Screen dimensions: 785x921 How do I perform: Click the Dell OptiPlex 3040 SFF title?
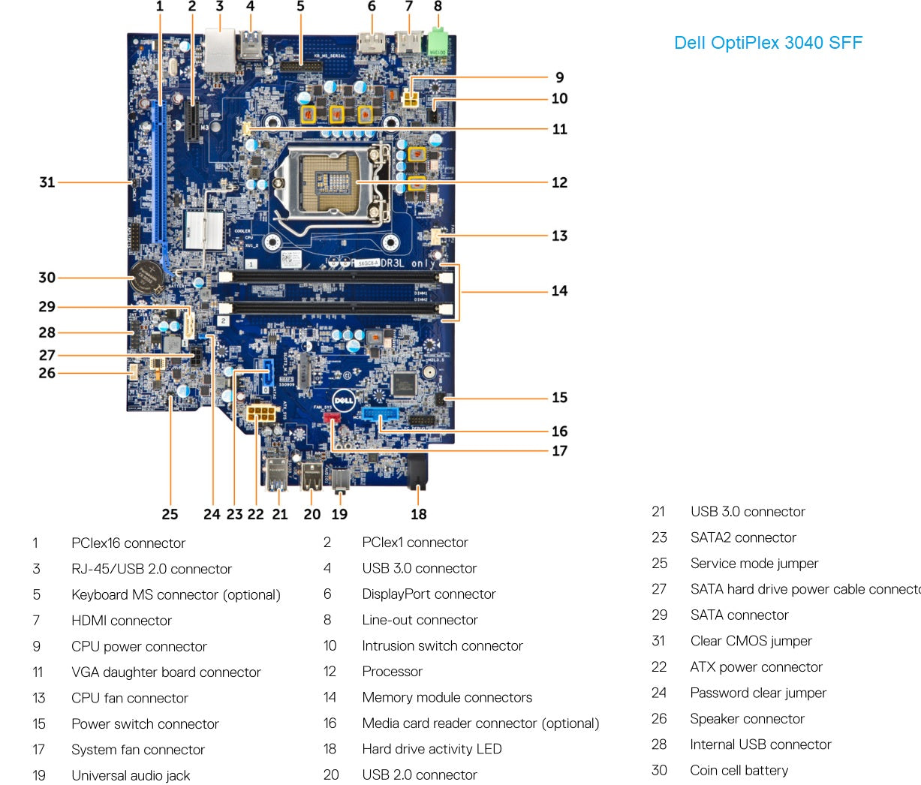click(768, 43)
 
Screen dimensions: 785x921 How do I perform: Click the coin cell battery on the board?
click(146, 278)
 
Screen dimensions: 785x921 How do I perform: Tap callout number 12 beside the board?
click(559, 182)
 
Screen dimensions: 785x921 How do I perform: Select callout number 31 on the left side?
click(47, 182)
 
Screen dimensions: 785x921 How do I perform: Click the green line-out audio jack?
click(438, 44)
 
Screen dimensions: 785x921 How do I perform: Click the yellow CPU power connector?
click(412, 98)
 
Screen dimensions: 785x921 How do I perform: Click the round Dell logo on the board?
click(344, 400)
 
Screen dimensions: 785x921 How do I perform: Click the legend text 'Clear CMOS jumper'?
click(751, 641)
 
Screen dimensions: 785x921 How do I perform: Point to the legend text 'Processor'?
click(392, 672)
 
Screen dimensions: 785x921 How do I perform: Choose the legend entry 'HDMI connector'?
click(122, 621)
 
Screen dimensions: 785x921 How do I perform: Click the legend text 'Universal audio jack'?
click(131, 775)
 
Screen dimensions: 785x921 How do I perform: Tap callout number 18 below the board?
click(419, 514)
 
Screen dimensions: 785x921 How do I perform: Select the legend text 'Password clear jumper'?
click(758, 693)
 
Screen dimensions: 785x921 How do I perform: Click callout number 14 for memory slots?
click(559, 291)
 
